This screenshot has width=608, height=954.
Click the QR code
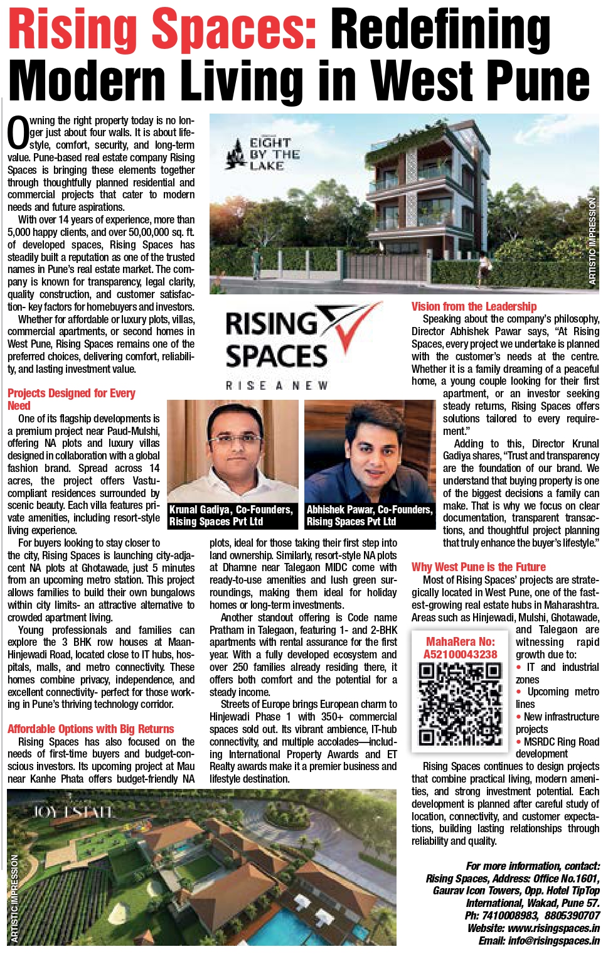pyautogui.click(x=460, y=704)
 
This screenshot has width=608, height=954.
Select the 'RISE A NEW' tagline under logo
pyautogui.click(x=277, y=385)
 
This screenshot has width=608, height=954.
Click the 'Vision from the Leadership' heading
pyautogui.click(x=474, y=306)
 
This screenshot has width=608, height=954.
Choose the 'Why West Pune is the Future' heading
pyautogui.click(x=478, y=567)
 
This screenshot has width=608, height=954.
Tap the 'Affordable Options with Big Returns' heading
pyautogui.click(x=91, y=729)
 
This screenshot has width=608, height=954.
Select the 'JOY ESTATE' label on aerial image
pyautogui.click(x=73, y=812)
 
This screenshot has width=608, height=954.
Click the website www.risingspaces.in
pyautogui.click(x=533, y=928)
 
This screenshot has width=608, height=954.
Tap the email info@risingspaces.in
pyautogui.click(x=539, y=941)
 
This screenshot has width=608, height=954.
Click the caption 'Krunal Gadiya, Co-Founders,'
pyautogui.click(x=231, y=510)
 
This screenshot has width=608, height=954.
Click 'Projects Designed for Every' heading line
pyautogui.click(x=72, y=394)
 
